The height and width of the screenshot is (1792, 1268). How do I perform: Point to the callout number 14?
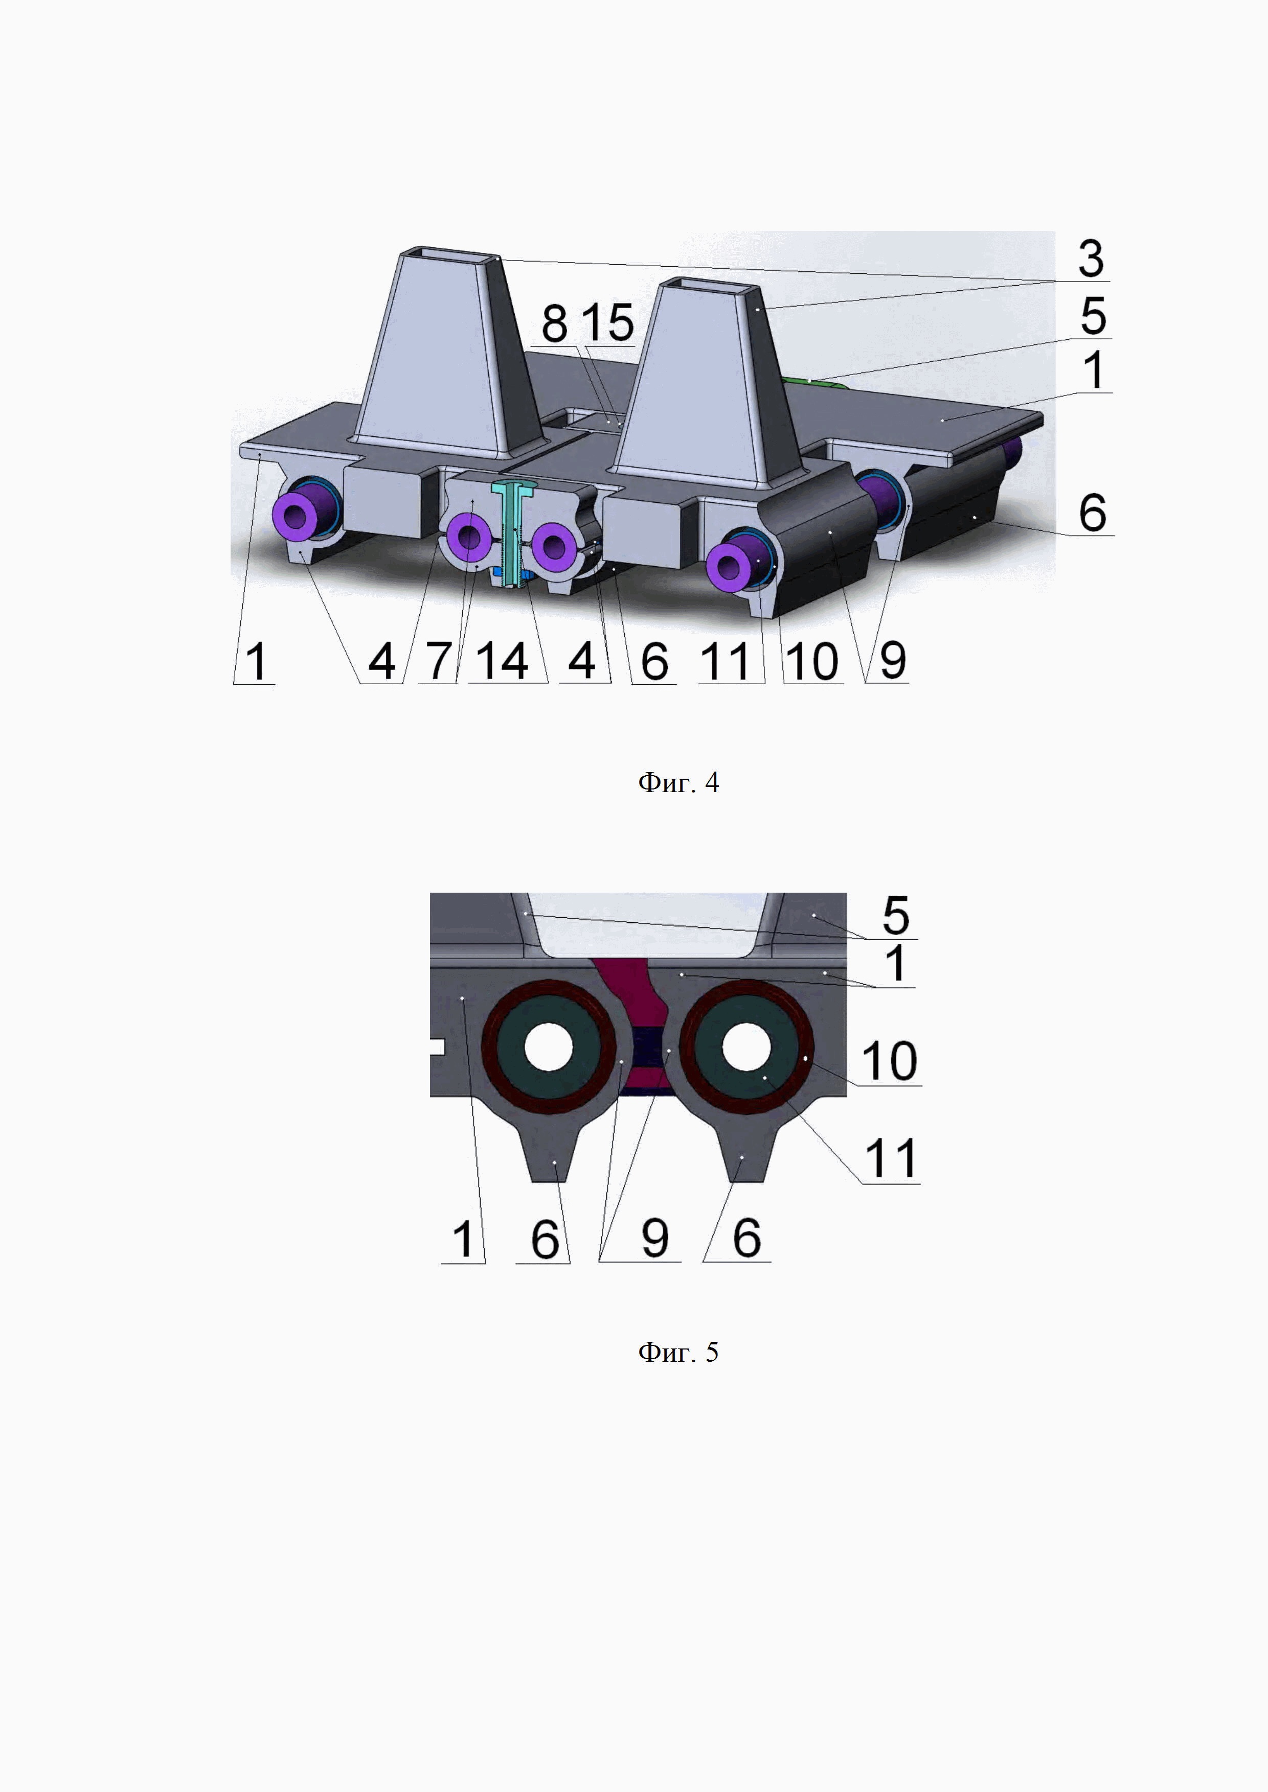(x=502, y=661)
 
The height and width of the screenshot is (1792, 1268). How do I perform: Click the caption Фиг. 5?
(x=678, y=1352)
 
